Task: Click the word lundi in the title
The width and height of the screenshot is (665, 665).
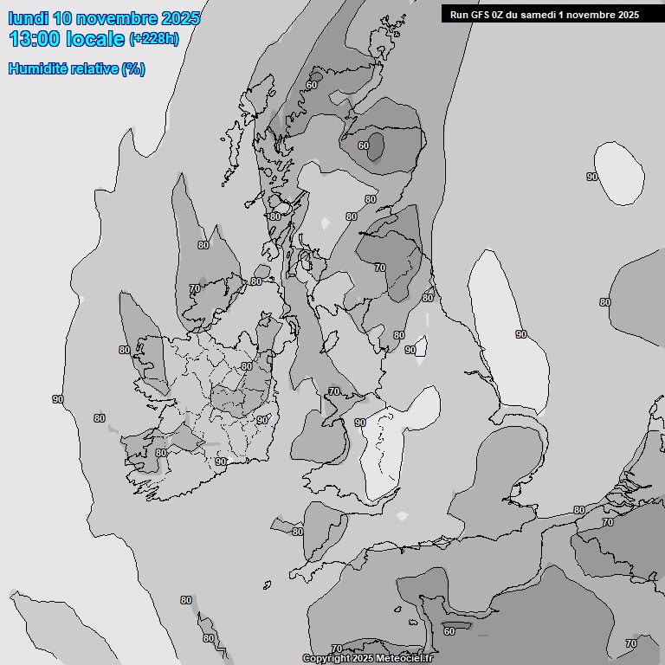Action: [x=28, y=18]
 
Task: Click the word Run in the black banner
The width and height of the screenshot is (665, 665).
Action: [x=459, y=14]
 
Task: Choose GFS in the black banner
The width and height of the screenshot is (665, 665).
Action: [x=481, y=14]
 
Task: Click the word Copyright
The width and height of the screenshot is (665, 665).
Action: [x=326, y=659]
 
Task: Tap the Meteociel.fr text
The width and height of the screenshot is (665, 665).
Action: [x=404, y=659]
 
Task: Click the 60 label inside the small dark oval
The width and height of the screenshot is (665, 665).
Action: [x=364, y=145]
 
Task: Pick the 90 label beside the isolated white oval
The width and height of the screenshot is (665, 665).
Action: [x=592, y=177]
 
